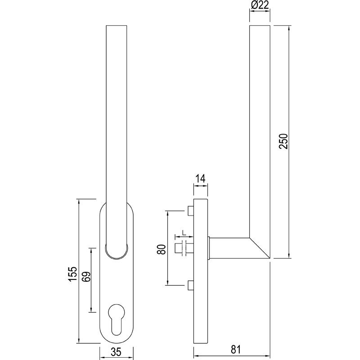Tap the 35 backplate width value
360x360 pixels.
116,353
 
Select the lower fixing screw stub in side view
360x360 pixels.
190,285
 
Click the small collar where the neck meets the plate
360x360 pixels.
209,248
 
